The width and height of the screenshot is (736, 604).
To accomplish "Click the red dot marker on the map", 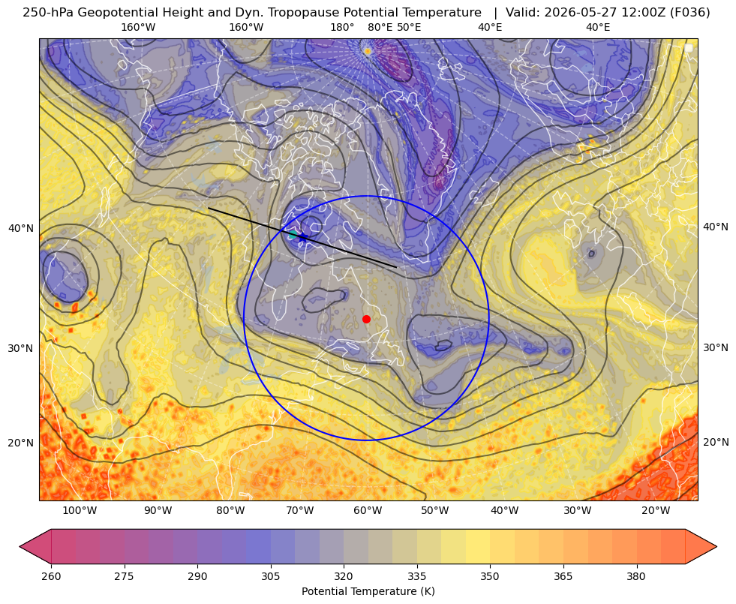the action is (367, 319).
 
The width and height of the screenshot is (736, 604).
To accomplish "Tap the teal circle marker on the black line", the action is (293, 234).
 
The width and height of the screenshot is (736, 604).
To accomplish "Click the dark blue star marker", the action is (303, 237).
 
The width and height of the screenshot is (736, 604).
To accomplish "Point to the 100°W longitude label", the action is (80, 510).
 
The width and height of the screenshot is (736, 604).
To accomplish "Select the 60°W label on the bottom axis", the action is (368, 510).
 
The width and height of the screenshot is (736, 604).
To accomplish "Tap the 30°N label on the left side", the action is (21, 348).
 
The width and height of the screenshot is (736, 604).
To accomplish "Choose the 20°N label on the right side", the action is (716, 442).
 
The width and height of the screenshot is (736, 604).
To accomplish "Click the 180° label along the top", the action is (342, 27).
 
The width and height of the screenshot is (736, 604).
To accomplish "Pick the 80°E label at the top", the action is (380, 27).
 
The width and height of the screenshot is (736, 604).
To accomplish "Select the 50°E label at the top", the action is (409, 27).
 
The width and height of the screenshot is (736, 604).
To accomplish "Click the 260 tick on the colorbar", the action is (51, 576).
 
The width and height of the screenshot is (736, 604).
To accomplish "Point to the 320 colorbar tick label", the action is (344, 576).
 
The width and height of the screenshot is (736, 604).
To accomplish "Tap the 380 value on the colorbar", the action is (636, 576).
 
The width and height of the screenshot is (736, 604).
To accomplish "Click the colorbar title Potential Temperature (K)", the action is (368, 591).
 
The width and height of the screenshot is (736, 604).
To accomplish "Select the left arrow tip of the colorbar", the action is (20, 546).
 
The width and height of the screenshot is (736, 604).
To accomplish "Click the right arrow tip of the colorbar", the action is (716, 546).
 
